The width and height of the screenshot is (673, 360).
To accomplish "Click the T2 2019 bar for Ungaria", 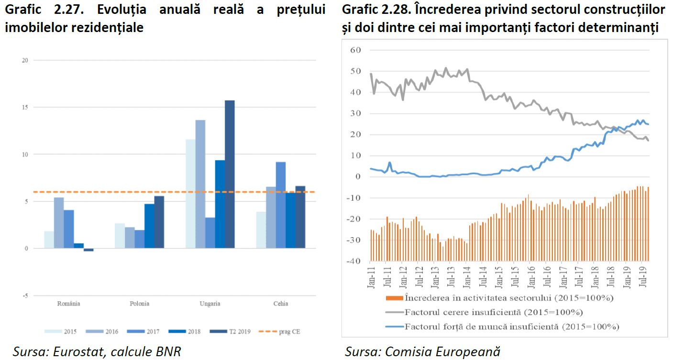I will [230, 175].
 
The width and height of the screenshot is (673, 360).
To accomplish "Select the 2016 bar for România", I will [58, 223].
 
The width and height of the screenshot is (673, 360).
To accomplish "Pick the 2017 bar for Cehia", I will [280, 205].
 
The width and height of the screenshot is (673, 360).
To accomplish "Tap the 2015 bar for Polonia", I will [120, 236].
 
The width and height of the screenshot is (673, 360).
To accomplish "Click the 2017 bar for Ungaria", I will [210, 233].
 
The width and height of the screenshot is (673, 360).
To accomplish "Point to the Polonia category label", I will [139, 304].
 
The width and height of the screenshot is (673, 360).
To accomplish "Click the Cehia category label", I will [281, 304].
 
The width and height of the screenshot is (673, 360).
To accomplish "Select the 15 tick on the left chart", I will [25, 107].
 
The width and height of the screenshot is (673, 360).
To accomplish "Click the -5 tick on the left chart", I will [25, 295].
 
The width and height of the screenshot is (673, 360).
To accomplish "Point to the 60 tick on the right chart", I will [355, 50].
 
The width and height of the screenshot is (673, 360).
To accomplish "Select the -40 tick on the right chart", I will [354, 261].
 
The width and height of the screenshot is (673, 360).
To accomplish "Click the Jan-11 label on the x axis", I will [371, 276].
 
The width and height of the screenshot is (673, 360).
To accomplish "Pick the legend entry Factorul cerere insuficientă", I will [493, 313].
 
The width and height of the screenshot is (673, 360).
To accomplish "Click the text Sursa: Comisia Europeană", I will [422, 352].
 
